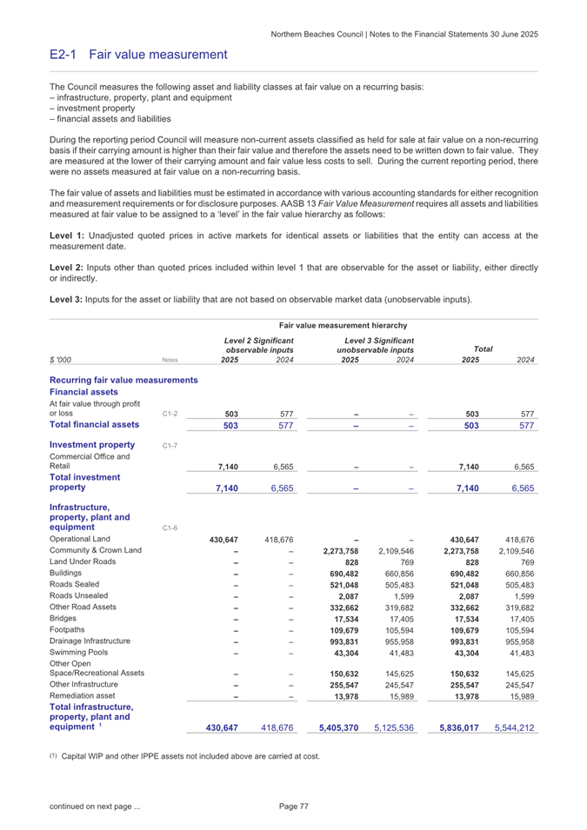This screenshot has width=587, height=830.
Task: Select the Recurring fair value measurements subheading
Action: [x=124, y=381]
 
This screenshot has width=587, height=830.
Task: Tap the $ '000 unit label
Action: [x=63, y=359]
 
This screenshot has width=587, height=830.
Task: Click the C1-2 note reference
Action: [x=172, y=413]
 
